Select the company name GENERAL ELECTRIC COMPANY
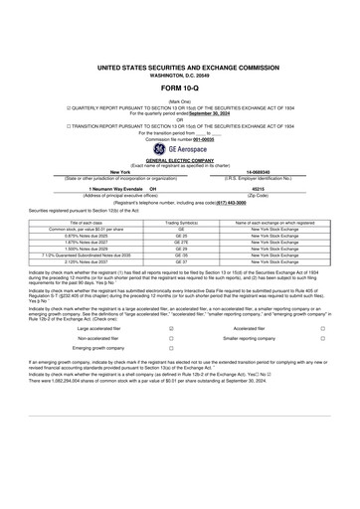(179, 160)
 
